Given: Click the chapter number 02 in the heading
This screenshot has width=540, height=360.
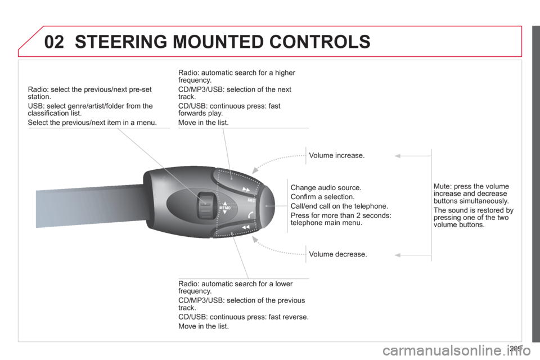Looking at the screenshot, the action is [55, 42].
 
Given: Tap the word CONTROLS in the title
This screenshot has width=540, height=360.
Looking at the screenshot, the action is [319, 42].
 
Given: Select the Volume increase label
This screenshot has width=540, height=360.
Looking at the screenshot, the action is [336, 155].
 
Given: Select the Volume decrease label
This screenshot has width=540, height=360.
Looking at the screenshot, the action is [338, 254].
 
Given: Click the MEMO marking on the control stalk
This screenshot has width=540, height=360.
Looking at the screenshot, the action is [225, 208].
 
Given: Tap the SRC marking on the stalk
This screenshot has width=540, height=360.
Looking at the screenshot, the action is [251, 200].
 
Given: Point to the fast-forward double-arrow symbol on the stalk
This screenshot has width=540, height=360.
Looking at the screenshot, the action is [246, 189].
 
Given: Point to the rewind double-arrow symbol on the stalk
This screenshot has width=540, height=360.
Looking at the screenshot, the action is [246, 227].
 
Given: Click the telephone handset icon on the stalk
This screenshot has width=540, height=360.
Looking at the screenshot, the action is [251, 215].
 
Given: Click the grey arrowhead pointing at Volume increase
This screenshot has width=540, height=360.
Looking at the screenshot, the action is [398, 156].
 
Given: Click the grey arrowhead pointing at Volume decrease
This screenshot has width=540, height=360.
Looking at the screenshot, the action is [398, 255].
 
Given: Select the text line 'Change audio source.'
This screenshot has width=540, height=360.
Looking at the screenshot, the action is [326, 188].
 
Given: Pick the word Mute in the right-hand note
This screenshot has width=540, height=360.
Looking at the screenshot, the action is [442, 186].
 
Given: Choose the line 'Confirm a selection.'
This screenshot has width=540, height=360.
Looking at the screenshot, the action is [322, 197].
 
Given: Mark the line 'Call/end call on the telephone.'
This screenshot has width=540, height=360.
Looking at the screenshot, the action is [339, 206].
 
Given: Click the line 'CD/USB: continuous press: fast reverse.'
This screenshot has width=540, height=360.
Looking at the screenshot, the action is [244, 317].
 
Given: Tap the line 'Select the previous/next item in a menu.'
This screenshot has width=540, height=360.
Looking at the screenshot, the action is [92, 122].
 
